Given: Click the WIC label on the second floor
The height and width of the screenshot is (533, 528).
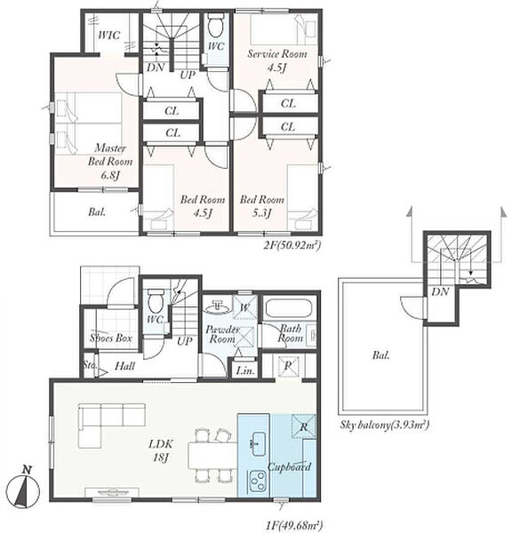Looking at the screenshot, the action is pos(108,35).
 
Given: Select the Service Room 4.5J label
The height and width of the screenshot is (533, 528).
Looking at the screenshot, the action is pos(277,60).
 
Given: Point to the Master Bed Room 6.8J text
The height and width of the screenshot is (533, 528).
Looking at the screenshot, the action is pos(110,162).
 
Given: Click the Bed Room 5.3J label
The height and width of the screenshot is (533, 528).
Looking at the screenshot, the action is pos(262,206).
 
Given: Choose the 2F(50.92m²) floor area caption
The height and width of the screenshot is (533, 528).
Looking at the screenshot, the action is pos(292,245).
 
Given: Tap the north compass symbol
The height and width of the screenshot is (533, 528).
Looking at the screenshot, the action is pos(23,488).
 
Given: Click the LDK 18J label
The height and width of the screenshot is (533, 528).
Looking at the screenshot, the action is pos(161,450).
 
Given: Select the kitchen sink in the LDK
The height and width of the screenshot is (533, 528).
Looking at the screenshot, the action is pos(258,443).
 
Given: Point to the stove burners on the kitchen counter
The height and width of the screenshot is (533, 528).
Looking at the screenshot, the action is pos(258,481).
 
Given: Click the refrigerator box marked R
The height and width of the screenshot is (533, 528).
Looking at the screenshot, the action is pos(304,426).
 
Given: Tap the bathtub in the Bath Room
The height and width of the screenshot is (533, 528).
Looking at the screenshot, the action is pos(289,308).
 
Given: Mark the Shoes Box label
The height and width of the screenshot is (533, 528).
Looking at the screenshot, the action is pos(111,338).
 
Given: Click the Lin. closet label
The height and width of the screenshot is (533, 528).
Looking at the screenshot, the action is pos(245,370).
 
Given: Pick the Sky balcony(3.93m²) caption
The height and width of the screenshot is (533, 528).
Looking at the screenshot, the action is pos(384,425).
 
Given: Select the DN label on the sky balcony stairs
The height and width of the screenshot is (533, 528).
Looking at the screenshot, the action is pos(441,291).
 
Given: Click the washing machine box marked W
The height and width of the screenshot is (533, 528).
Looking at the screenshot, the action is pos(244,307).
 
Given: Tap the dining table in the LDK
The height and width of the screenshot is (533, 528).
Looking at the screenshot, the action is pos(213,456).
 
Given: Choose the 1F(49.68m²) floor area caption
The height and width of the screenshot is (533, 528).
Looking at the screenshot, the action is pos(294,525).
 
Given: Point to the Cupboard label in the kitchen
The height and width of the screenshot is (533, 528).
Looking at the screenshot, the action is pos(289,466).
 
